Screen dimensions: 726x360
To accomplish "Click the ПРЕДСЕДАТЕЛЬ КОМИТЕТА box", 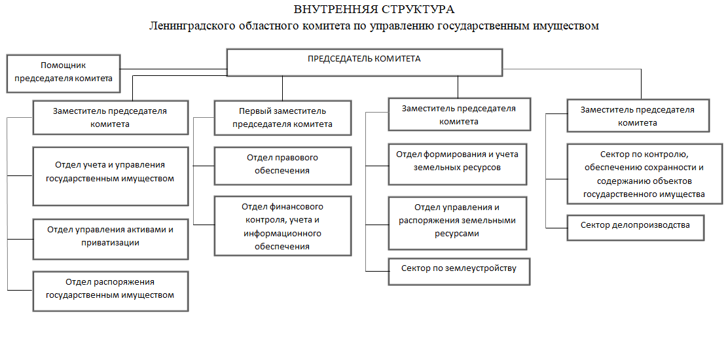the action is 365,62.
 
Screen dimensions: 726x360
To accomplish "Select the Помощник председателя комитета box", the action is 64,73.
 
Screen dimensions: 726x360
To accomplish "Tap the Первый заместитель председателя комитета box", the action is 282,118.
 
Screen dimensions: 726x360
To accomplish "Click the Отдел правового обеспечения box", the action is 282,166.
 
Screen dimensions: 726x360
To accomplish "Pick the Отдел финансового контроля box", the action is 282,226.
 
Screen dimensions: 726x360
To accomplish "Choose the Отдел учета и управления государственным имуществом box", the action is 111,176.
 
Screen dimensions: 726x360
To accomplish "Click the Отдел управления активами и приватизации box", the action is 111,239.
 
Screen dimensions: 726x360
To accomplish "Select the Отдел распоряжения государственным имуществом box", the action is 111,291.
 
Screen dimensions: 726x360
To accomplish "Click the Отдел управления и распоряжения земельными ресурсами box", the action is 458,223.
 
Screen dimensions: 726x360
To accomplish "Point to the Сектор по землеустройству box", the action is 459,272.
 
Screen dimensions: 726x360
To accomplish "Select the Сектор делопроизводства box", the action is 635,227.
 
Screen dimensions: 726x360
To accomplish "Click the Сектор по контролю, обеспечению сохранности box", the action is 645,173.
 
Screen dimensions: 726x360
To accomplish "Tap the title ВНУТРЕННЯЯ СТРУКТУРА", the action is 374,9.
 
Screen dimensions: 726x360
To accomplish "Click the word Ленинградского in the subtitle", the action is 192,26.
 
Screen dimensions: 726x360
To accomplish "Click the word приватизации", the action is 110,242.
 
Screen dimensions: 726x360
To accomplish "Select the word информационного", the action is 282,233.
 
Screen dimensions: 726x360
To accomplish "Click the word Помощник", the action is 64,65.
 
